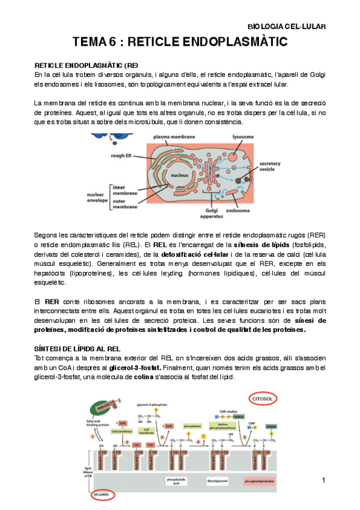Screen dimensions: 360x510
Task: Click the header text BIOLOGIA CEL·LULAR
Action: [x=287, y=27]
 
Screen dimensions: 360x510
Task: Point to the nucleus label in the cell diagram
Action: [x=180, y=176]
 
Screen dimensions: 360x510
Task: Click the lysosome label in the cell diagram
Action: [x=243, y=137]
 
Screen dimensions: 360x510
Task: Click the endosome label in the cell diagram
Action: [x=238, y=210]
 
